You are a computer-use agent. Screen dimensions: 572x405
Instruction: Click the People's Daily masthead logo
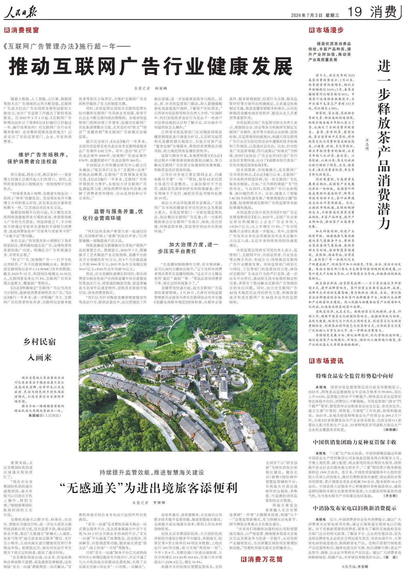tap(20, 13)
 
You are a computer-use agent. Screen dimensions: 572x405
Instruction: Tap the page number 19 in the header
tap(354, 12)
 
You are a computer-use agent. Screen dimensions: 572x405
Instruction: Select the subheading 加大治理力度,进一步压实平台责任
tap(188, 248)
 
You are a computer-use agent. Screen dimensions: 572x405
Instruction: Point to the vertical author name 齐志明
tap(367, 144)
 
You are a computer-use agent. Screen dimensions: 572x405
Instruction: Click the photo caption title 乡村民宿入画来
tap(40, 349)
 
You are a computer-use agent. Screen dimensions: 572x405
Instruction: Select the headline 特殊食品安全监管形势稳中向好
tap(355, 376)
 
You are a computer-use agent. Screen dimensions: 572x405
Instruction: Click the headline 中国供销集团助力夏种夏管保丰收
tap(355, 442)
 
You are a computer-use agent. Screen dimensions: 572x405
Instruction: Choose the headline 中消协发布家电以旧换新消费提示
tap(355, 508)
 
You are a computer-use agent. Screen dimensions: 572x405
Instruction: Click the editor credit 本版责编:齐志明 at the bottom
tap(354, 567)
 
